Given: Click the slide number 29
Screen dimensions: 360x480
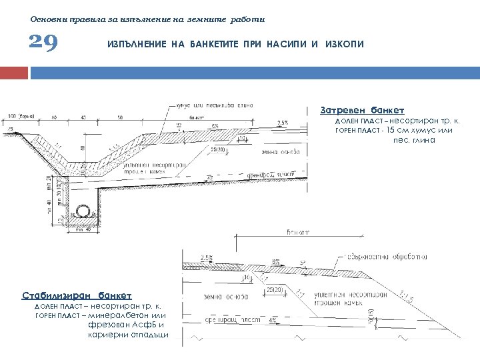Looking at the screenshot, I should coord(45,43).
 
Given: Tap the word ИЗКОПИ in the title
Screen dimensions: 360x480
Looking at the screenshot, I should coord(345,44).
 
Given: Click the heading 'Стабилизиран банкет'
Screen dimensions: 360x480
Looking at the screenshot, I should coord(77,295).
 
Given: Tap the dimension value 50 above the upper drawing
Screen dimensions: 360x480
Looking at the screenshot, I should coord(119,117).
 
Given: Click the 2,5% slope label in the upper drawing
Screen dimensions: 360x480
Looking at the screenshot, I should coord(283,123).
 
